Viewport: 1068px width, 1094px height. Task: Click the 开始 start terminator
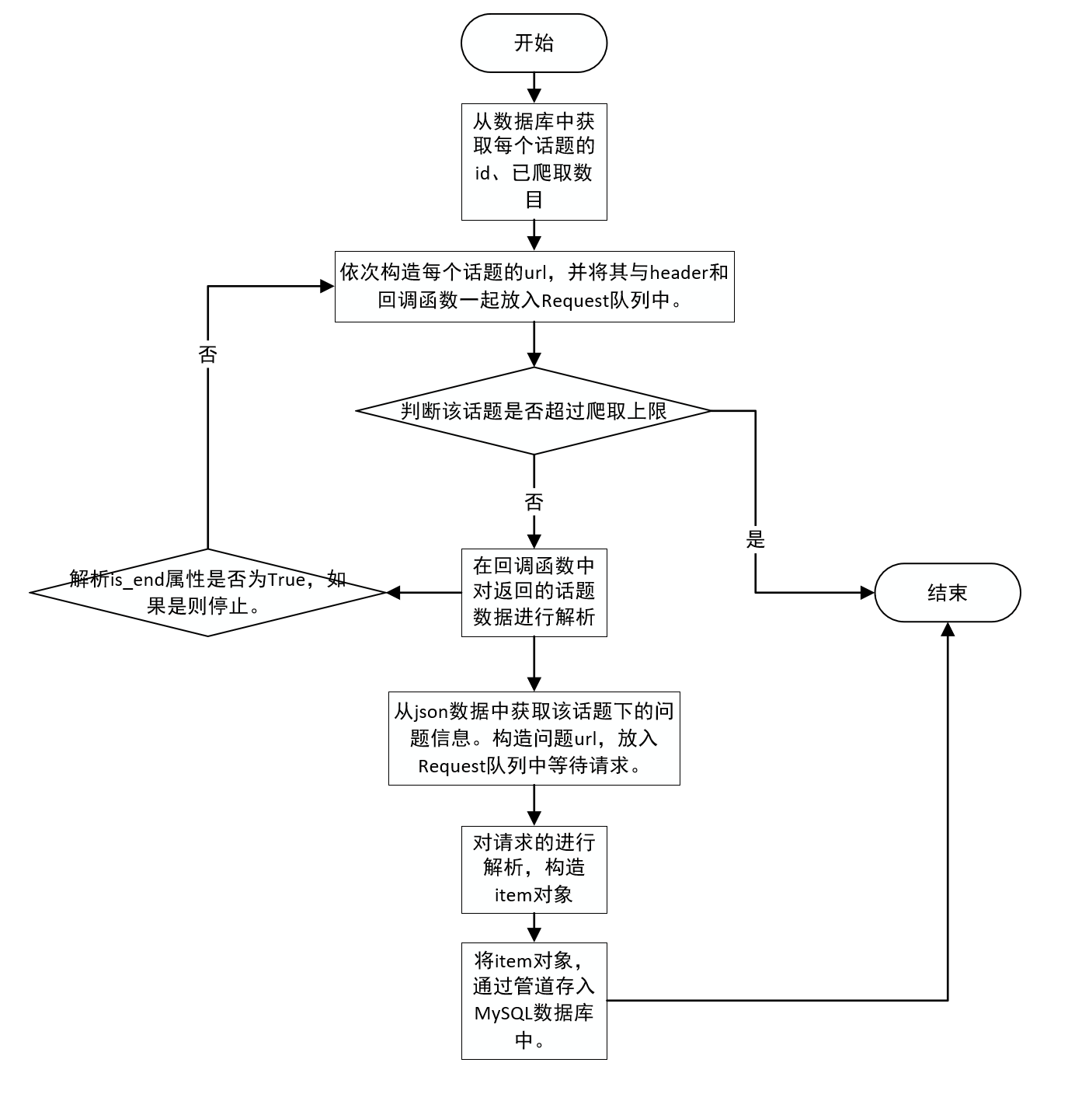pyautogui.click(x=534, y=43)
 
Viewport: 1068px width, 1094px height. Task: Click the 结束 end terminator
pyautogui.click(x=947, y=593)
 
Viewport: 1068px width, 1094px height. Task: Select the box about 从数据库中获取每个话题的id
pyautogui.click(x=534, y=162)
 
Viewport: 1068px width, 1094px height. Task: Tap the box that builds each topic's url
pyautogui.click(x=534, y=286)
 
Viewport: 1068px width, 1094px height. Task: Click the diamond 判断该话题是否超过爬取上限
pyautogui.click(x=534, y=411)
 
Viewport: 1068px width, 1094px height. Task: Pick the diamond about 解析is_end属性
pyautogui.click(x=207, y=593)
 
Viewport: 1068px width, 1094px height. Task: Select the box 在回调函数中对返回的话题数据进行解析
pyautogui.click(x=534, y=593)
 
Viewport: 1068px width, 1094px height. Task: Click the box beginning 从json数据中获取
pyautogui.click(x=534, y=738)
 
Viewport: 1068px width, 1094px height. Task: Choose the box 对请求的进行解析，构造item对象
pyautogui.click(x=534, y=869)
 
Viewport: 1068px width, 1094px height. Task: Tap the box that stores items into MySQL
pyautogui.click(x=534, y=1001)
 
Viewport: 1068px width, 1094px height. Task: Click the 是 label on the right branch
pyautogui.click(x=755, y=539)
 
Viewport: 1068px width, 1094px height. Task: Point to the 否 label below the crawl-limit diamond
pyautogui.click(x=534, y=502)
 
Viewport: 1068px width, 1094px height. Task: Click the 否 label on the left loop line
pyautogui.click(x=207, y=354)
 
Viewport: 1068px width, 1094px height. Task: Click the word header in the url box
pyautogui.click(x=678, y=273)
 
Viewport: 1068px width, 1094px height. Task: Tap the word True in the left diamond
pyautogui.click(x=287, y=580)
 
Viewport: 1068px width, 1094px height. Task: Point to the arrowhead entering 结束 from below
pyautogui.click(x=948, y=629)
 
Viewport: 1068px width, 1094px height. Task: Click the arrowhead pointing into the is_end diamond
pyautogui.click(x=393, y=593)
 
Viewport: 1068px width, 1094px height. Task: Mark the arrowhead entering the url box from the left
pyautogui.click(x=327, y=286)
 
